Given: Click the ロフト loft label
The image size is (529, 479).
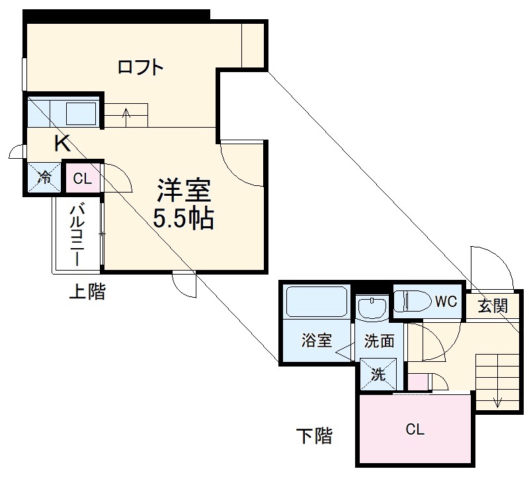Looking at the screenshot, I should point(140,67).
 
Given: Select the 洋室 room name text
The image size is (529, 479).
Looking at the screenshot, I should point(183,191).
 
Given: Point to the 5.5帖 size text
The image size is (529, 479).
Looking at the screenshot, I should point(183,218).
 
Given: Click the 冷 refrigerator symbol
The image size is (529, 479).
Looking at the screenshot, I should point(44,177).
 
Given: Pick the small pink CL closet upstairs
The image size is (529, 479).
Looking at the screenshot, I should point(82,177).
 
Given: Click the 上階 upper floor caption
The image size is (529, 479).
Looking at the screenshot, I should point(87,292).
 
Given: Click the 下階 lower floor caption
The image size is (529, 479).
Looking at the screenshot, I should point(313,436).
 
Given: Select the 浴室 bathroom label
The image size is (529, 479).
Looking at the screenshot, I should point(316,341).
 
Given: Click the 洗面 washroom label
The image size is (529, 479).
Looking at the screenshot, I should point(380,341).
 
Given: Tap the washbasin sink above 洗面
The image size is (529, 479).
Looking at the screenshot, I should point(372,308).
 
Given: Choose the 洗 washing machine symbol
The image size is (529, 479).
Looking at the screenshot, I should point(378,374).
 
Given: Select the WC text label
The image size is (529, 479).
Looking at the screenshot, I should point(445,302).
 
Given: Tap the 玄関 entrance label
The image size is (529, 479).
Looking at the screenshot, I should point(493,306).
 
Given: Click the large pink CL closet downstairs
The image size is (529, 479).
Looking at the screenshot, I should point(415,429).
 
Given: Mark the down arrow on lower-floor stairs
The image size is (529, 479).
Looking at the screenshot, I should point(497,400).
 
